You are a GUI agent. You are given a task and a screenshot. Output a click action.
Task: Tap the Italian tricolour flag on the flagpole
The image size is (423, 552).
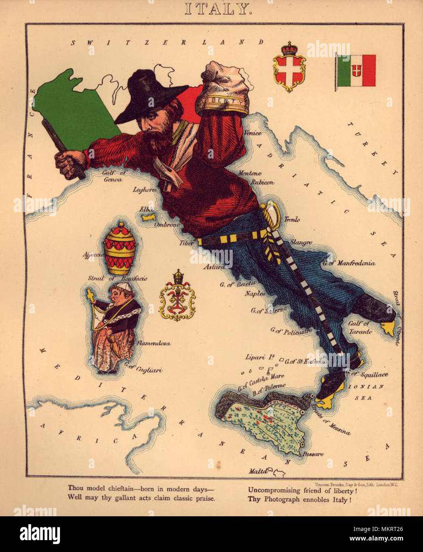click(356, 70)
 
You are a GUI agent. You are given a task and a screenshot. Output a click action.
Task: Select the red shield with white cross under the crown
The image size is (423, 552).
click(289, 71)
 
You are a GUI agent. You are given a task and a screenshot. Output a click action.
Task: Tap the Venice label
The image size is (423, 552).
click(253, 133)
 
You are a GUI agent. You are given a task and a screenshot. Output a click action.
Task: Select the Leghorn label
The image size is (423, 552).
click(144, 189)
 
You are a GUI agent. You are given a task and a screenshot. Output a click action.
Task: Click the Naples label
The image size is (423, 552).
click(255, 293)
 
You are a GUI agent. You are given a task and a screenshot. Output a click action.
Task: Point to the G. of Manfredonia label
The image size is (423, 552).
click(348, 262)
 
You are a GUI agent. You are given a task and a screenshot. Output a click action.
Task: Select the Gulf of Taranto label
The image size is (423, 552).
click(360, 327)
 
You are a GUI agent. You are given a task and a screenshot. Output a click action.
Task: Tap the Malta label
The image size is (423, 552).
click(257, 471)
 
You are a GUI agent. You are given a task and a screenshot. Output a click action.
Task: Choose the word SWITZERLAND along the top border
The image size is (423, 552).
click(167, 42)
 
